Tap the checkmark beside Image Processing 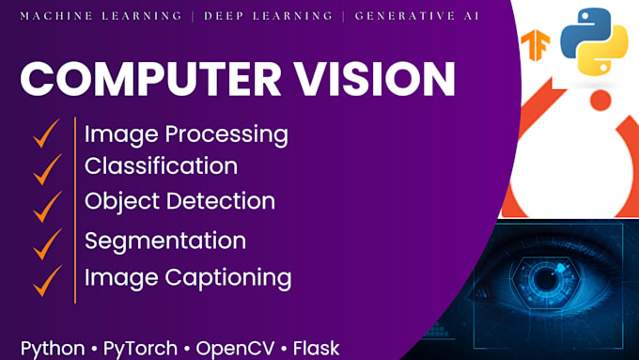[45, 133]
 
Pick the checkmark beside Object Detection [45, 203]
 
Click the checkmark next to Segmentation [45, 242]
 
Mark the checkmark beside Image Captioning [45, 278]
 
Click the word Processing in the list [222, 134]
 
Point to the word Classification [161, 166]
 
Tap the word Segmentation [165, 241]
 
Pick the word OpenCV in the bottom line [237, 347]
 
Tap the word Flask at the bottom [316, 347]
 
